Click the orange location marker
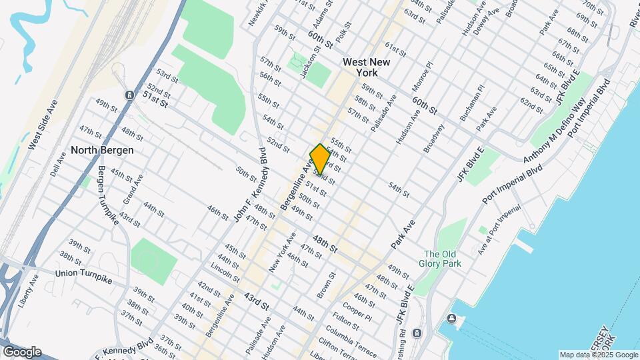320,159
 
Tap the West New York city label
365,67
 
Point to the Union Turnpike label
83,273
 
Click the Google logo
21,352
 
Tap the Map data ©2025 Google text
599,355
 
